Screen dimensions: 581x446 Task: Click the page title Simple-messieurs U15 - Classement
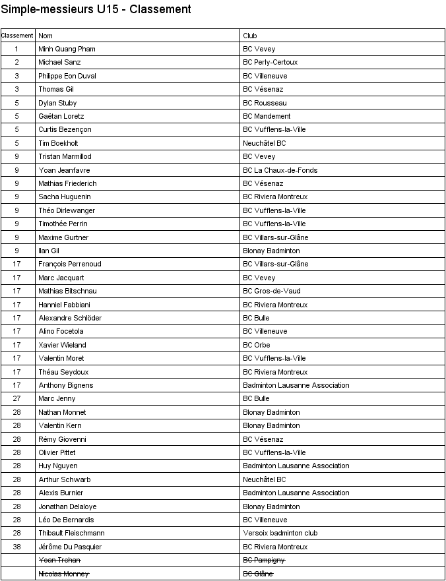coord(96,9)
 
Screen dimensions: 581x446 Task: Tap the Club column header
coord(250,36)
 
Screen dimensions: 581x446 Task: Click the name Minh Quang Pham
coord(67,49)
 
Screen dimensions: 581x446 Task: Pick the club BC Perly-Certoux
coord(271,62)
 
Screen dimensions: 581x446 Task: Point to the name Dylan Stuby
coord(57,103)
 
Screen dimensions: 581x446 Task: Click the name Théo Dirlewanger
coord(67,210)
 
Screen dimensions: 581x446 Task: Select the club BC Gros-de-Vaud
coord(272,291)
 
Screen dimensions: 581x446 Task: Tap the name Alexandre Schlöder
coord(70,318)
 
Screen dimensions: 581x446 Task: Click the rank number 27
coord(16,398)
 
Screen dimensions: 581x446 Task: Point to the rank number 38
coord(16,547)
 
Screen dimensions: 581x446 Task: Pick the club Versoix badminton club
coord(280,533)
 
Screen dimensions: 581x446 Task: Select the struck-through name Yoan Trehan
coord(59,560)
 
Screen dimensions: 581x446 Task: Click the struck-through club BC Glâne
coord(258,574)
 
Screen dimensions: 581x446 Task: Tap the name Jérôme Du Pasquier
coord(70,547)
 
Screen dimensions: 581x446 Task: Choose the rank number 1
coord(16,49)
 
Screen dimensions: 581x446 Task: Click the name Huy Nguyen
coord(58,466)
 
